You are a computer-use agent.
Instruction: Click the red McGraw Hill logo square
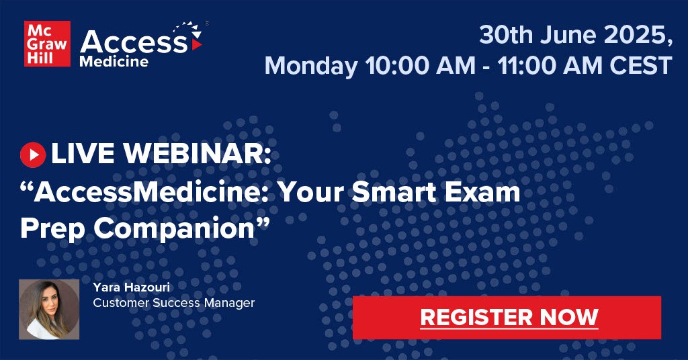(x=48, y=44)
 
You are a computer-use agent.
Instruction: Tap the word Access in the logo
(x=134, y=42)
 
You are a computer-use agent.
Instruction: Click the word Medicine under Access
(x=114, y=61)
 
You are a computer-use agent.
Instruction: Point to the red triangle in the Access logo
(x=197, y=45)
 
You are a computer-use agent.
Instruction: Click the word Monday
(x=310, y=66)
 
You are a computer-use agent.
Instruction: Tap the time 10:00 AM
(x=420, y=65)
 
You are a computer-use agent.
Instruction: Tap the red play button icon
(x=33, y=154)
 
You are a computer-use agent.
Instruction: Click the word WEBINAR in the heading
(x=197, y=154)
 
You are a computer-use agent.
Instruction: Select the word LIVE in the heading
(x=83, y=154)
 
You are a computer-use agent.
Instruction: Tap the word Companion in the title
(x=175, y=229)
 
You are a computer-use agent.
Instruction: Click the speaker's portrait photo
(x=49, y=309)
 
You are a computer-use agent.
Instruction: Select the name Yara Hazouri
(x=131, y=287)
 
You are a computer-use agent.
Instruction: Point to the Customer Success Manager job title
(x=174, y=303)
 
